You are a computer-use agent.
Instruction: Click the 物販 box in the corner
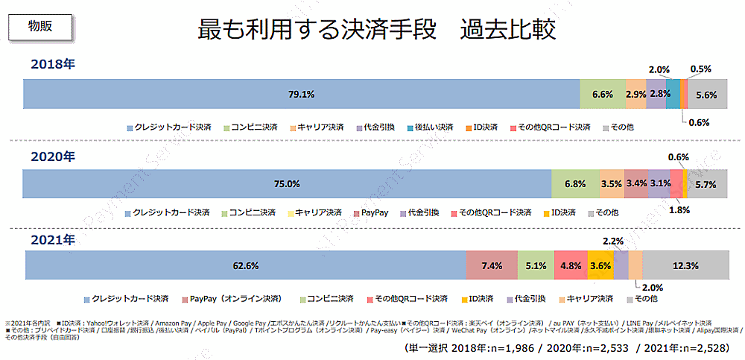point(40,25)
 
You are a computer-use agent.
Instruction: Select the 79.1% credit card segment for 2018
point(301,94)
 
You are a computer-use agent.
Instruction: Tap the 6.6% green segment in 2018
point(602,94)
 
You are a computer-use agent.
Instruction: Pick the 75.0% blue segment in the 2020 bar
point(287,183)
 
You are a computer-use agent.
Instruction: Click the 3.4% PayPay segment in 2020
point(635,183)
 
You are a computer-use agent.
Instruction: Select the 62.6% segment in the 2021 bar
point(245,265)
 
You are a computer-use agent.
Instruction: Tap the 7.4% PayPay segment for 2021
point(492,265)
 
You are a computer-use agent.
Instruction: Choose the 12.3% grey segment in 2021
point(685,265)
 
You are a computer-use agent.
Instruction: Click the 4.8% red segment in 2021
point(571,265)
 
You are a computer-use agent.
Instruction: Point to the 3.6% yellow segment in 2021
point(600,265)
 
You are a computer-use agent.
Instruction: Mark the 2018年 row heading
point(53,64)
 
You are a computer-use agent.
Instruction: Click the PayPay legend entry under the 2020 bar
point(375,212)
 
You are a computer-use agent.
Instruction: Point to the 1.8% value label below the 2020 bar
point(679,209)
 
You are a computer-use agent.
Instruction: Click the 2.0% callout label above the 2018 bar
point(659,69)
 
